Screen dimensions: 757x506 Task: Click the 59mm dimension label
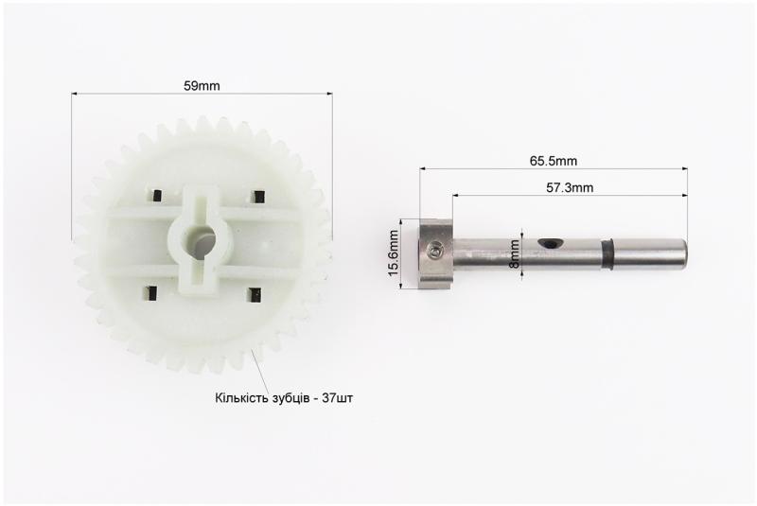pos(202,86)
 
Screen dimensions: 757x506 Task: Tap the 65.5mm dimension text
pos(554,161)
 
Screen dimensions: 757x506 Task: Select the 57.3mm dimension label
pos(570,187)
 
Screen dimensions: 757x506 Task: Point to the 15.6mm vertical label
pos(394,253)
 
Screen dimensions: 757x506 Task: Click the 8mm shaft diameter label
pos(515,253)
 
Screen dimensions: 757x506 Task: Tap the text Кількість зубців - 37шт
pos(284,398)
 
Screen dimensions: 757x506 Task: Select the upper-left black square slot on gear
pos(156,195)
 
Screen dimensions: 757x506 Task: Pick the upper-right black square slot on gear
pos(259,197)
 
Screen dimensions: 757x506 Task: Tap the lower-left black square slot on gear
pos(152,293)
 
